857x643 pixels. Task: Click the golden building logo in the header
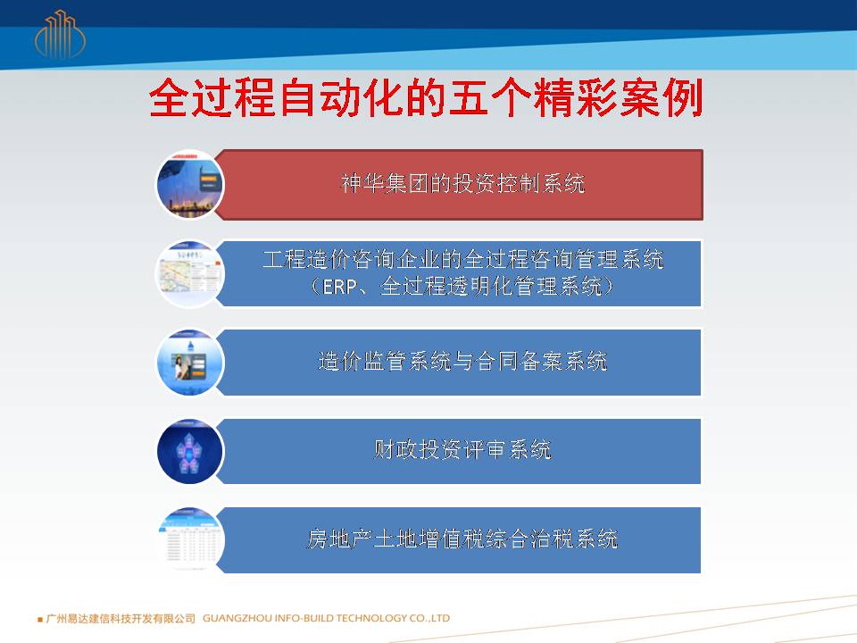tap(60, 35)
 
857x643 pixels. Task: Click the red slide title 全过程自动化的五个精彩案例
tap(426, 98)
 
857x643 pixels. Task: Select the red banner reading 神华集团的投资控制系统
tap(459, 185)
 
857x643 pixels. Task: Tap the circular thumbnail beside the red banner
tap(190, 185)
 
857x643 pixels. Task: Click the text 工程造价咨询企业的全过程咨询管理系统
tap(463, 259)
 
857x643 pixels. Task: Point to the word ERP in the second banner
tap(339, 287)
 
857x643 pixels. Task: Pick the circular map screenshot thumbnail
tap(190, 273)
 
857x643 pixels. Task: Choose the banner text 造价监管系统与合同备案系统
tap(462, 362)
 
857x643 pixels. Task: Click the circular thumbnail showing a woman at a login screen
tap(190, 362)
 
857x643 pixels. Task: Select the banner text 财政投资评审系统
tap(462, 450)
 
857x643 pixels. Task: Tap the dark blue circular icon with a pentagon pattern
tap(190, 451)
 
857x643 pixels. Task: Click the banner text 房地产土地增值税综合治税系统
tap(462, 539)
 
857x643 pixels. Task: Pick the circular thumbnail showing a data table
tap(190, 540)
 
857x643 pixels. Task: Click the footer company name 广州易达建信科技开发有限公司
tap(121, 618)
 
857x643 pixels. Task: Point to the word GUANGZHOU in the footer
tap(237, 618)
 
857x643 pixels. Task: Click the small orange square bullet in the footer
tap(40, 620)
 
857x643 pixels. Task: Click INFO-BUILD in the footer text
tap(304, 618)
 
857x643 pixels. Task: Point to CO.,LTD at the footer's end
tap(429, 618)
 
